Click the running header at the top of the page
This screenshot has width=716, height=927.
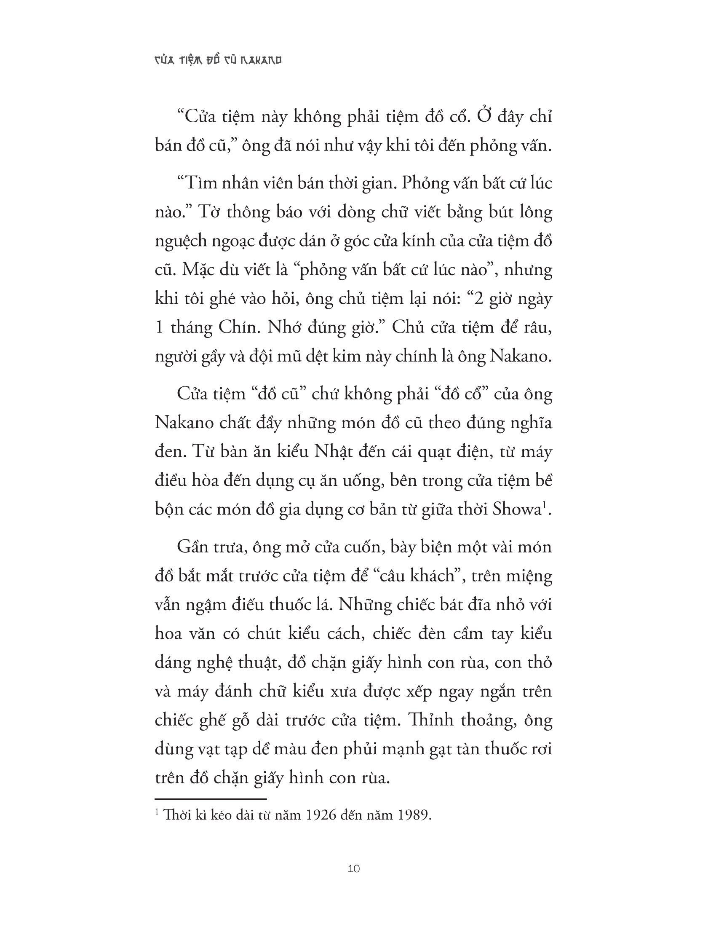tap(217, 61)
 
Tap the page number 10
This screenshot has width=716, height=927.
tap(353, 869)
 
